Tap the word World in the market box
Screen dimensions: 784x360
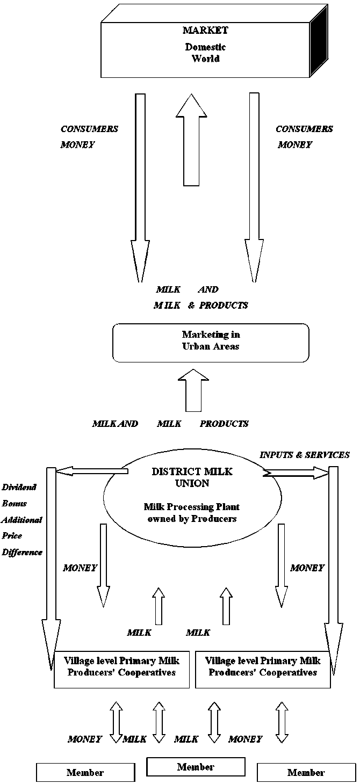[205, 58]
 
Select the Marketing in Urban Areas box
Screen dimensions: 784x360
[211, 342]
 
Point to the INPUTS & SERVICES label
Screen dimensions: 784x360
[304, 455]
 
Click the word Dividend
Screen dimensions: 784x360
[19, 488]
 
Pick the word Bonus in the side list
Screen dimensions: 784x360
[15, 504]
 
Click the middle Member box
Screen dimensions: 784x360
[196, 767]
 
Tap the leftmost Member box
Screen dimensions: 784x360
[85, 773]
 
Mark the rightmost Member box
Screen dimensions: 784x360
[306, 773]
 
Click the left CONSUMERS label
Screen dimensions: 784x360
[89, 129]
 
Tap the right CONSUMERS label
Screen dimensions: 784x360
[304, 129]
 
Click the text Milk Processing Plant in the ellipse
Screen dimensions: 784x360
[192, 506]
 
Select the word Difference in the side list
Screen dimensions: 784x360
[22, 551]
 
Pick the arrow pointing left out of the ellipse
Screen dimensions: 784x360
[91, 471]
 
